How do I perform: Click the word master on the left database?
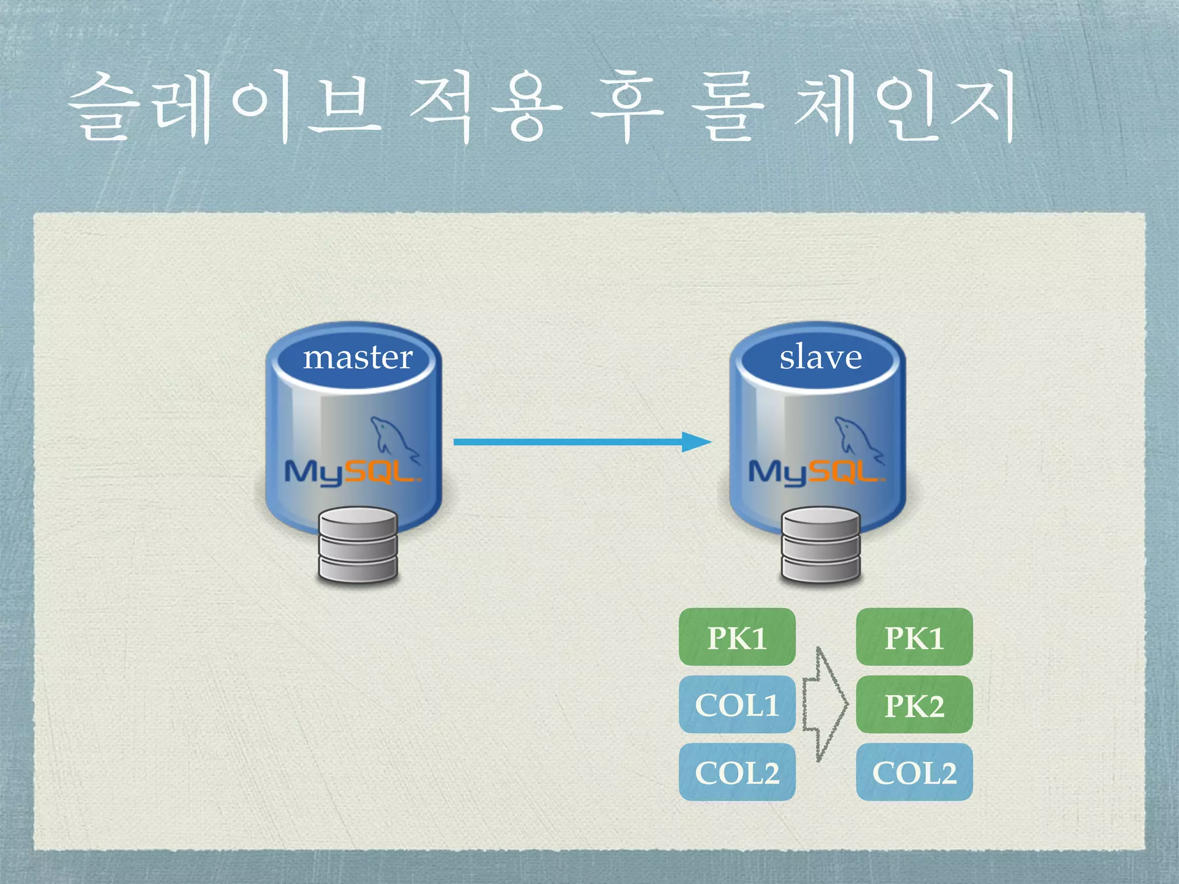(x=357, y=358)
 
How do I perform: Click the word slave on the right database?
(x=820, y=357)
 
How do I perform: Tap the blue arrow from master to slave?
(x=581, y=442)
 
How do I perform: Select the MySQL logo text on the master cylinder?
(x=351, y=472)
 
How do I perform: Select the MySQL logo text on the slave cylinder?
(x=815, y=472)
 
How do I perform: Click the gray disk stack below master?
(x=358, y=544)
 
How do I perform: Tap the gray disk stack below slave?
(x=821, y=544)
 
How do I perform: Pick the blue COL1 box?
(x=737, y=705)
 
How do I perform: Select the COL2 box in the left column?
(x=737, y=772)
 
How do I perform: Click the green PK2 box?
(x=914, y=705)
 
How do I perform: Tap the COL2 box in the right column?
(x=914, y=772)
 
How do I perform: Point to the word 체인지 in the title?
(x=904, y=109)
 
